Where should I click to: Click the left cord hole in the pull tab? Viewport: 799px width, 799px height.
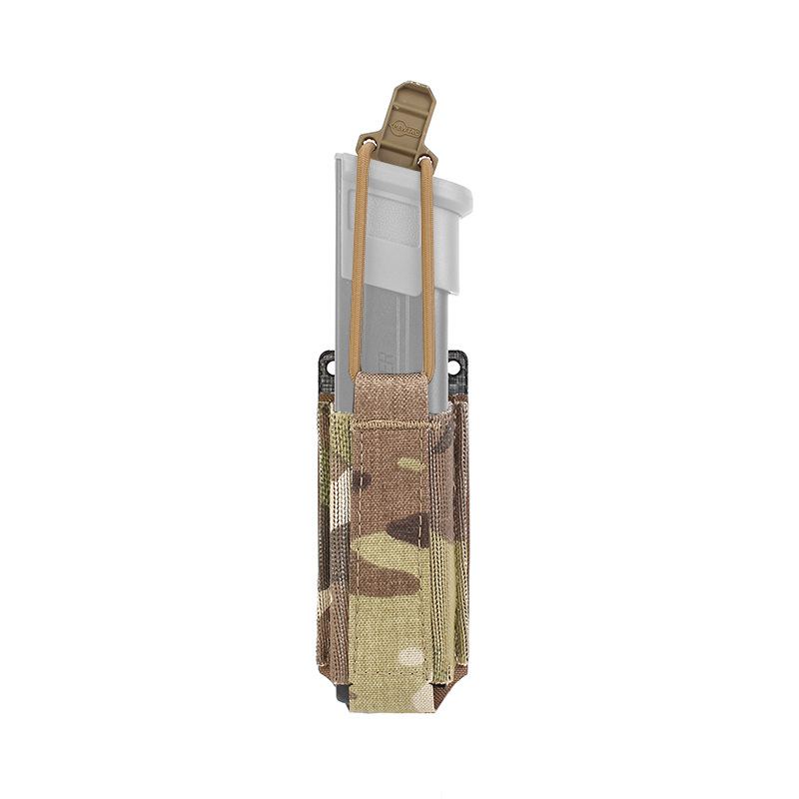click(x=370, y=151)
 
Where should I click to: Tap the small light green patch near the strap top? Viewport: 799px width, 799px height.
click(x=409, y=464)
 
